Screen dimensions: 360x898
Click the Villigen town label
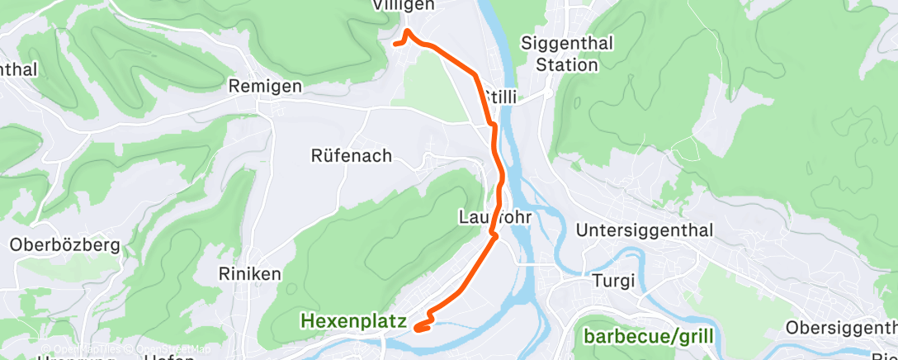pos(403,5)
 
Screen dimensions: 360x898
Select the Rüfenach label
pos(351,156)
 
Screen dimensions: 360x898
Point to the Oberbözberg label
pos(65,245)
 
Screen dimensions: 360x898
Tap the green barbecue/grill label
pos(649,336)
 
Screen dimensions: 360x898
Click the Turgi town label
pos(614,282)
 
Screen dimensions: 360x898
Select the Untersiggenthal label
pos(644,230)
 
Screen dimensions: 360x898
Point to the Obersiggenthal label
pos(841,328)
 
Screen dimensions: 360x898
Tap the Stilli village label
pos(502,97)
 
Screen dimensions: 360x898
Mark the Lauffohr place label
pos(492,217)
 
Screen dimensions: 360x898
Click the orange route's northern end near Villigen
pos(395,43)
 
